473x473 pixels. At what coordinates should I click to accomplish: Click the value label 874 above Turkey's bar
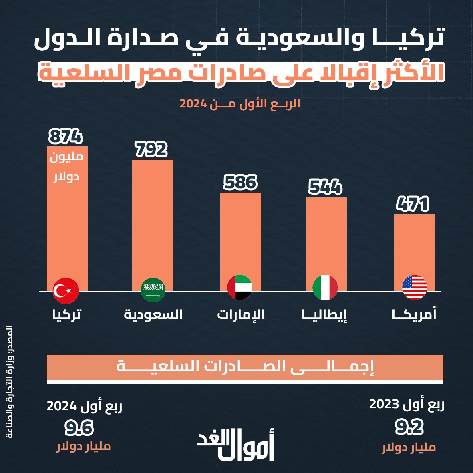[66, 137]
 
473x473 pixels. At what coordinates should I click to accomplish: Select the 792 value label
[151, 149]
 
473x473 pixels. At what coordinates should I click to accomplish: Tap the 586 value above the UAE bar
[240, 183]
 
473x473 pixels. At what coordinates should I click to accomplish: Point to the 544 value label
[325, 187]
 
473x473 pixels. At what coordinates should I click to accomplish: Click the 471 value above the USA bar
[413, 204]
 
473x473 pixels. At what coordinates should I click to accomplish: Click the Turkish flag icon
[66, 290]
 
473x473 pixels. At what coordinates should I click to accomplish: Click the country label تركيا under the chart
[66, 314]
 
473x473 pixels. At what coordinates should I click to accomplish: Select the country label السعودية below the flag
[153, 314]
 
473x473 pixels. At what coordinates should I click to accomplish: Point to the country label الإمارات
[241, 314]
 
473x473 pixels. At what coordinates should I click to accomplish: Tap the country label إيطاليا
[324, 314]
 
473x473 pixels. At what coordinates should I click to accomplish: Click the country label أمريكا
[414, 314]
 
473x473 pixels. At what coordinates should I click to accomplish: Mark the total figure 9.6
[79, 428]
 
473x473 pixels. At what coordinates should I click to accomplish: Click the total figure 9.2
[409, 427]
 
